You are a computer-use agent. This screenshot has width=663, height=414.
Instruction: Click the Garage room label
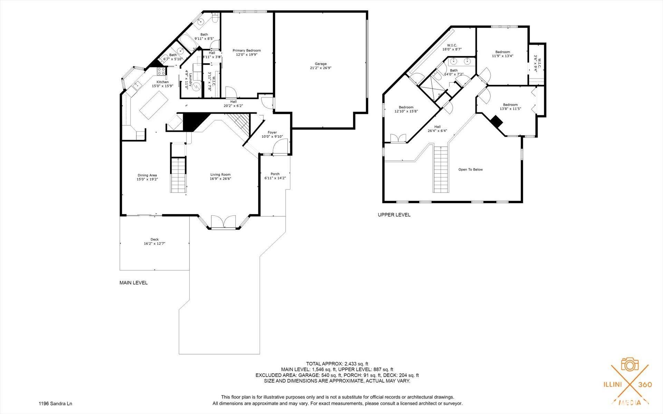tap(320, 64)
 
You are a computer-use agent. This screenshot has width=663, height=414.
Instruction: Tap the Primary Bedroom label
tap(247, 50)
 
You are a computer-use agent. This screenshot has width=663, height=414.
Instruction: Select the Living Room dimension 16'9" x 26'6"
tap(220, 179)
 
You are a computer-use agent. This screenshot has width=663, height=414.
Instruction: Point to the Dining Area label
tap(147, 175)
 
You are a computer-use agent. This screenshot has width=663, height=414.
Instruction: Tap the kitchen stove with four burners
tap(161, 71)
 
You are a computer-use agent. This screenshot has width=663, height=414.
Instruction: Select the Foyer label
tap(272, 132)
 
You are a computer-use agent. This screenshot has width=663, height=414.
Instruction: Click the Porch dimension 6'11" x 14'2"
tap(275, 178)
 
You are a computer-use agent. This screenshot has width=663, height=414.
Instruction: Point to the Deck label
tap(154, 239)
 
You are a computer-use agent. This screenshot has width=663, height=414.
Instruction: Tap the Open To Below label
tap(470, 170)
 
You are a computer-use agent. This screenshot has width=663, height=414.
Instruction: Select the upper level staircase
tap(441, 169)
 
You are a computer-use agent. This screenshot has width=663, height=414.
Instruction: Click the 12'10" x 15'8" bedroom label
tap(406, 107)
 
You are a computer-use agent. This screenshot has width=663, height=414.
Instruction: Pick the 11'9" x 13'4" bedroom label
tap(502, 52)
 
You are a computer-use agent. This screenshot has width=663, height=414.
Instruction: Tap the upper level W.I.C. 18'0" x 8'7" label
tap(452, 45)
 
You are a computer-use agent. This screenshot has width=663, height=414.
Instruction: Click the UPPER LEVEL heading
tap(394, 215)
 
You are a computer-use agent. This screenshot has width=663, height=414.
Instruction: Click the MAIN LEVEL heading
tap(133, 283)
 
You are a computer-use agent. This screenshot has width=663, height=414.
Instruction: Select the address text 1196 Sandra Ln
tap(55, 403)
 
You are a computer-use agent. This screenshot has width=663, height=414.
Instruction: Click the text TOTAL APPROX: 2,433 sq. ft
tap(337, 364)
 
